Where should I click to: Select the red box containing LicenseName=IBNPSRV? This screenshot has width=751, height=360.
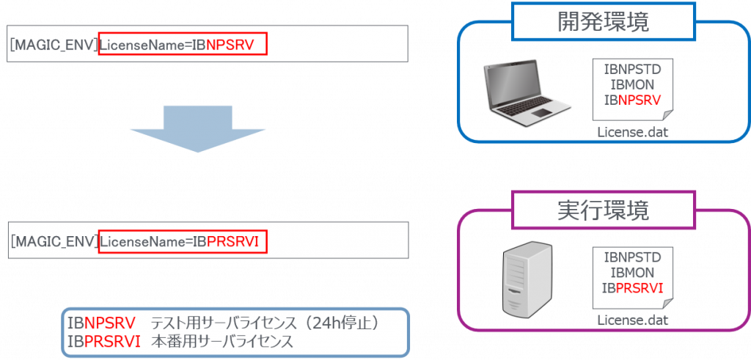click(183, 45)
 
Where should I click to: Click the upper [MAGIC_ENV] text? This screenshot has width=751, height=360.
click(54, 45)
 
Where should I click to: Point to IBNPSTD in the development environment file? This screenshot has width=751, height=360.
click(632, 70)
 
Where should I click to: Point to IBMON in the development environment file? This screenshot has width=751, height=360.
click(632, 85)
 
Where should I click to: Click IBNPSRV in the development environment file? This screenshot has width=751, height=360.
click(632, 100)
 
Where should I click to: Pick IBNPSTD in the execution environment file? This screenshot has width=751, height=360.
click(632, 257)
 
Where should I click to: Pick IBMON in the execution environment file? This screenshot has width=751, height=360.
click(632, 273)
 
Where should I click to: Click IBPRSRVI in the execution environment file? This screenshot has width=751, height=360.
click(632, 287)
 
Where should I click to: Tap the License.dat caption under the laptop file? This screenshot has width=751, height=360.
click(632, 133)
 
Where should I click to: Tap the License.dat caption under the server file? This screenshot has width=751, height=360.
click(632, 320)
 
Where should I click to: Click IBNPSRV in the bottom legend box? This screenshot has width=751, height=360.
click(101, 323)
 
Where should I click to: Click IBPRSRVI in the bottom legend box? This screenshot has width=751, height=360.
click(103, 341)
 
